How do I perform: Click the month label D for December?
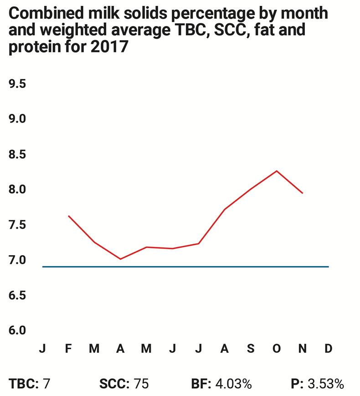tap(328, 349)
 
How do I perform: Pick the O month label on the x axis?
tap(276, 349)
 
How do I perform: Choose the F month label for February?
tap(68, 349)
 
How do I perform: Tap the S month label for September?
tap(250, 349)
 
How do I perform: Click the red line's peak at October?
tap(276, 171)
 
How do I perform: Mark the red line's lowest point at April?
tap(120, 259)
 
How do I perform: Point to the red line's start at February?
tap(68, 216)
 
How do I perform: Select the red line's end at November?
tap(302, 193)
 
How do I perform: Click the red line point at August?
tap(224, 209)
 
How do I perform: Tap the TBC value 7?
tap(46, 384)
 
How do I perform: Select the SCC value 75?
tap(141, 384)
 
